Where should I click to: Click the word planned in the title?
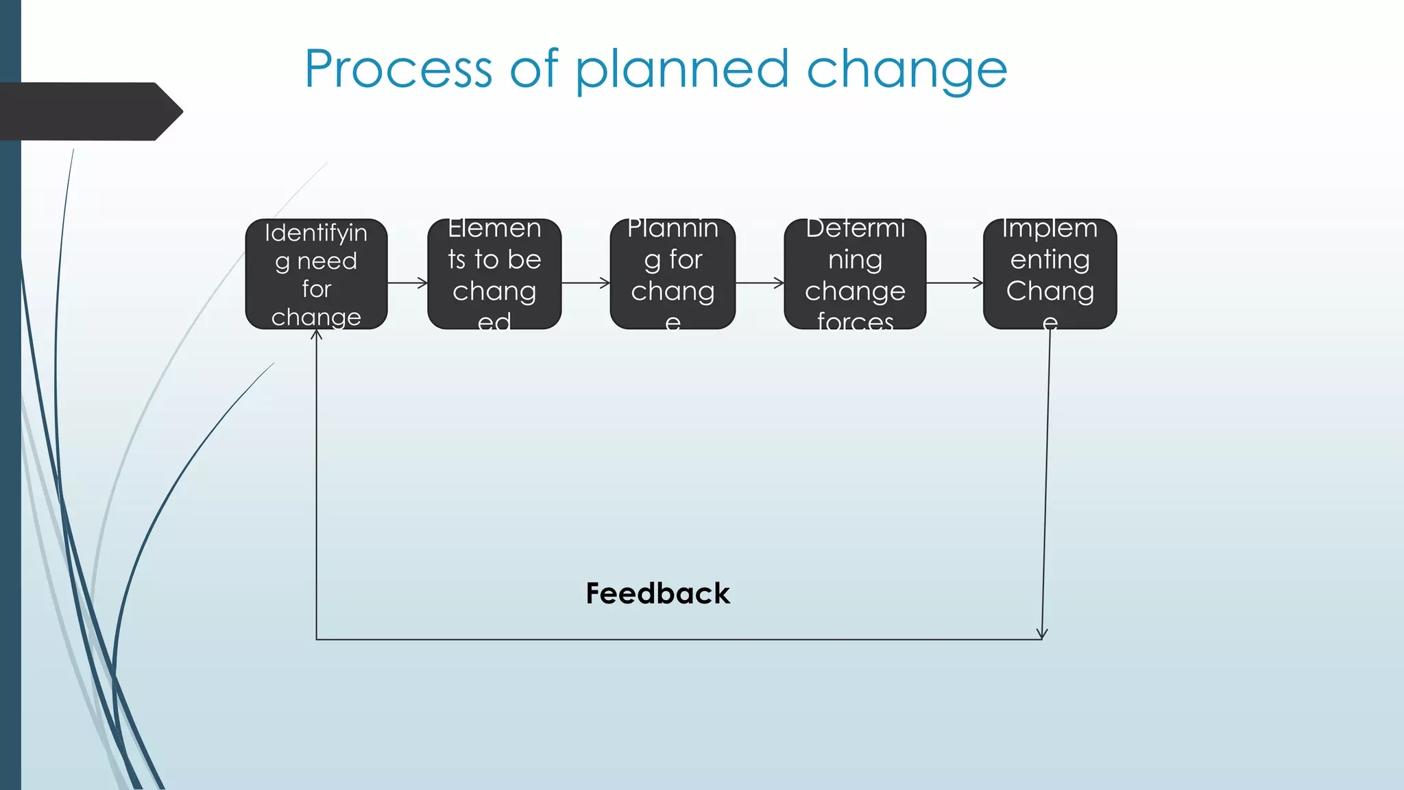682,71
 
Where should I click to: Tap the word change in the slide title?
906,71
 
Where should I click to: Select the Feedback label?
657,593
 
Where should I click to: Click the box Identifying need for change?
316,274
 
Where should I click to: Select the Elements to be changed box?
494,274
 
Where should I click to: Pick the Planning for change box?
673,274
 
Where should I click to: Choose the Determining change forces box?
855,274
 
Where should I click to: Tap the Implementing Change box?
1050,274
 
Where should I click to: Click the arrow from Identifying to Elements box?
408,283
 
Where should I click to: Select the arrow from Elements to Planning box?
585,283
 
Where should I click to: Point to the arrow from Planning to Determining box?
760,283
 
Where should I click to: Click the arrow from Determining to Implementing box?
954,283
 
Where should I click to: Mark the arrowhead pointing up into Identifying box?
316,335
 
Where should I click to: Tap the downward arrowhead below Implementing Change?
1042,634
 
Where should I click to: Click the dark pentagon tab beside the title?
89,111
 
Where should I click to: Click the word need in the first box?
327,261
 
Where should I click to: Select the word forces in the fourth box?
855,321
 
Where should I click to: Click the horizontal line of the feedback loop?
679,640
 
